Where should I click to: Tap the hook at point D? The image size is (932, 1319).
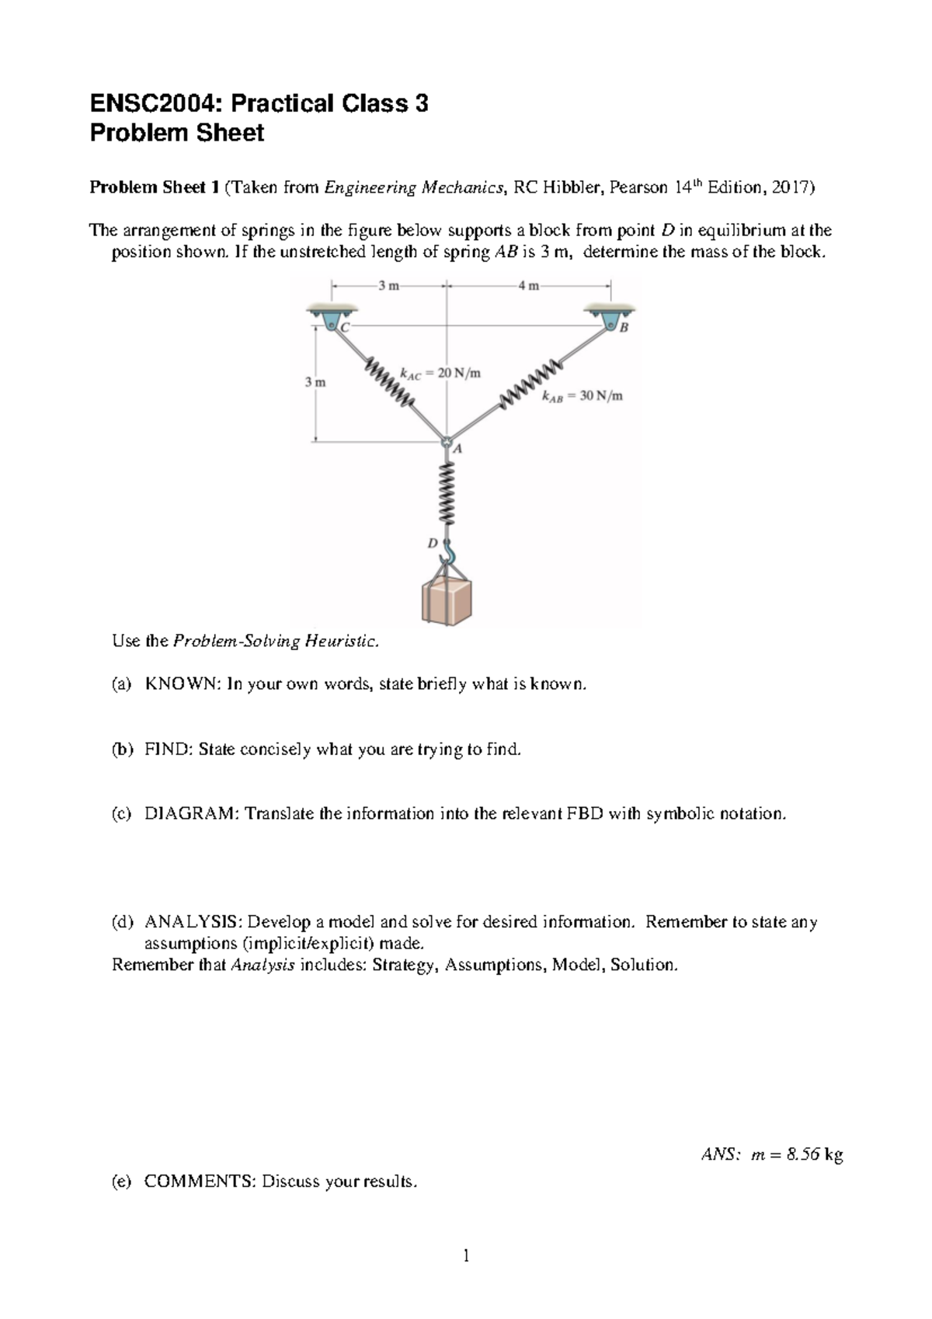(x=448, y=553)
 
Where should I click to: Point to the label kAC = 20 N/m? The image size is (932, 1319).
(x=440, y=374)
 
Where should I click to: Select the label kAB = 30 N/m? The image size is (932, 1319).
(x=582, y=396)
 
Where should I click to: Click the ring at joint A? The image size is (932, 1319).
(x=447, y=442)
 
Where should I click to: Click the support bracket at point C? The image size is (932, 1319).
(x=331, y=317)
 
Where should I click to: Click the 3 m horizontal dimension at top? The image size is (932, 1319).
(x=388, y=286)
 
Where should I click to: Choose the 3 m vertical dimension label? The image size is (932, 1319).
(x=315, y=382)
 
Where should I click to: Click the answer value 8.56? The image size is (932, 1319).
(x=802, y=1155)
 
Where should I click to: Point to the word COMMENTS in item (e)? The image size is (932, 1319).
(x=199, y=1182)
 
